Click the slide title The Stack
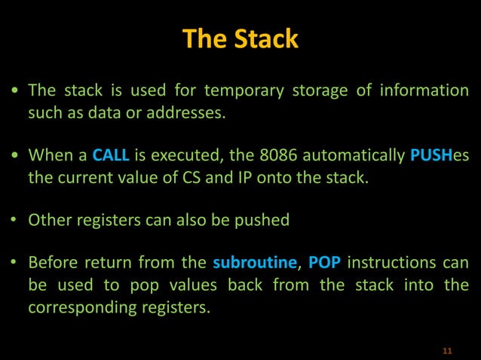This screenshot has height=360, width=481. [x=240, y=39]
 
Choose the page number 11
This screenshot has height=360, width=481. [x=448, y=351]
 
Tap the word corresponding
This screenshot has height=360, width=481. [x=77, y=307]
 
